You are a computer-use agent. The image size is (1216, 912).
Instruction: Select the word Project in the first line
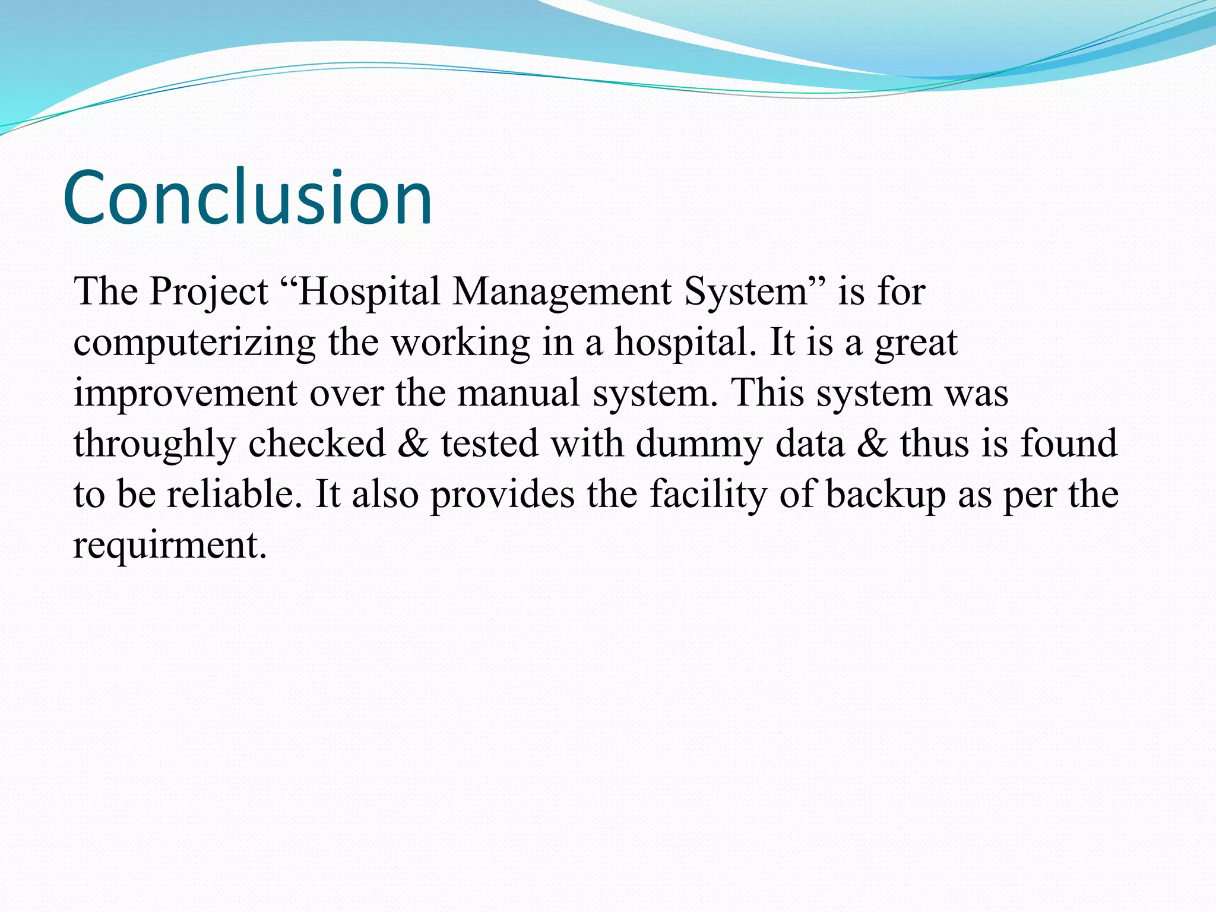[x=208, y=293]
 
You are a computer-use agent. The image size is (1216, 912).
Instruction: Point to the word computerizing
[x=195, y=343]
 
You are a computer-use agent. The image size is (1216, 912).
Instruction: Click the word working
[x=461, y=343]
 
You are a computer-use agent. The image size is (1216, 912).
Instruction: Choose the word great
[x=916, y=343]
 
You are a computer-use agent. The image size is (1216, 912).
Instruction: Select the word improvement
[x=185, y=394]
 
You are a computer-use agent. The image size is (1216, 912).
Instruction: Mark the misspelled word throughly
[x=155, y=444]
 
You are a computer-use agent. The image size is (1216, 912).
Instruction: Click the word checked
[x=317, y=443]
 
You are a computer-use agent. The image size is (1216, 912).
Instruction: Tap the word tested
[x=490, y=443]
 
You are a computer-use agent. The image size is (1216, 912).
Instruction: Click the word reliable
[x=230, y=493]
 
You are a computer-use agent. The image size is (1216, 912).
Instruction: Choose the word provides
[x=502, y=495]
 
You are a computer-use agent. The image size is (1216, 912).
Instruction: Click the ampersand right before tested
[x=413, y=443]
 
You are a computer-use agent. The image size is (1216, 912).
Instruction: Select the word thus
[x=935, y=443]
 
